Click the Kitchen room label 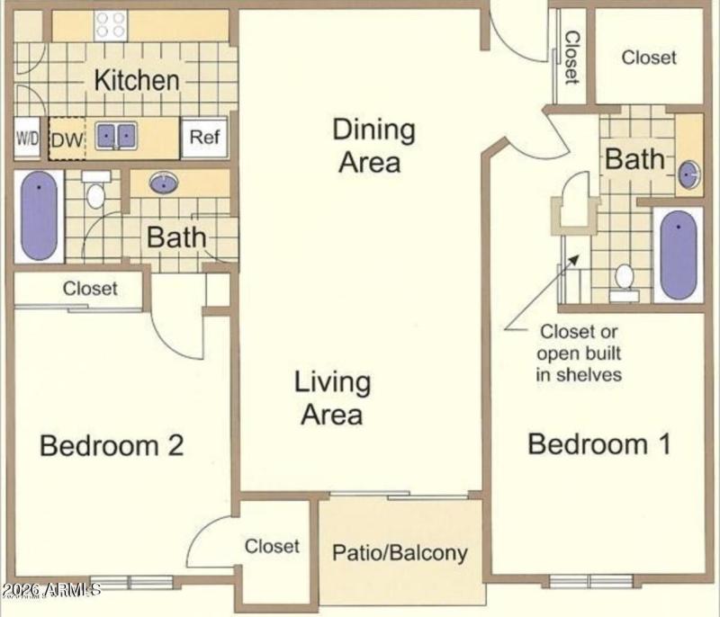pyautogui.click(x=137, y=80)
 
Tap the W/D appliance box pyautogui.click(x=26, y=139)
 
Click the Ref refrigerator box pyautogui.click(x=203, y=138)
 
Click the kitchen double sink pyautogui.click(x=116, y=137)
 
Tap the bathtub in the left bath pyautogui.click(x=39, y=216)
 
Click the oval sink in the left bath pyautogui.click(x=163, y=183)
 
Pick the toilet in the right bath pyautogui.click(x=624, y=281)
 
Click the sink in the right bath pyautogui.click(x=688, y=174)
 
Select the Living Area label pyautogui.click(x=332, y=398)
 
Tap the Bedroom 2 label pyautogui.click(x=112, y=444)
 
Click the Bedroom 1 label pyautogui.click(x=598, y=443)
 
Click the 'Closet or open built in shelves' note pyautogui.click(x=579, y=352)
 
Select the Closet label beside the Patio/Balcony pyautogui.click(x=272, y=546)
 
